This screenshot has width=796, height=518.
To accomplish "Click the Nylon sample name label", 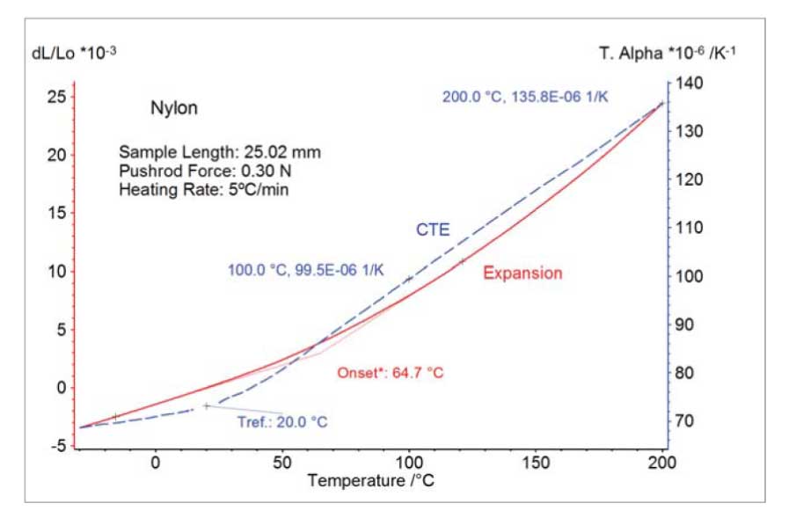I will click(x=174, y=109).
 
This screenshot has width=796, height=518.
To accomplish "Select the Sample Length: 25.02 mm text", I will click(x=219, y=152).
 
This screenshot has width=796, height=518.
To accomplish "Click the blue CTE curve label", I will click(x=433, y=230).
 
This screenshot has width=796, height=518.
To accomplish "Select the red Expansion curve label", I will click(x=522, y=274).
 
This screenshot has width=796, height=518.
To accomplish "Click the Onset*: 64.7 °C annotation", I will click(x=390, y=373).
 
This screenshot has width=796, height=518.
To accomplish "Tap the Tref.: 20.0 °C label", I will click(x=281, y=423).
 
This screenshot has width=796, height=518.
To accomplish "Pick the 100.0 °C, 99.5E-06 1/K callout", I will click(x=305, y=270).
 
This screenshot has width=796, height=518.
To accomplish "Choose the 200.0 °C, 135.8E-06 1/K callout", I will click(x=524, y=97).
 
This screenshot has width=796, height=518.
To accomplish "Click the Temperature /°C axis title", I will click(x=370, y=482).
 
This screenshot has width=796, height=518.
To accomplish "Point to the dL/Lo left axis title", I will click(x=74, y=54).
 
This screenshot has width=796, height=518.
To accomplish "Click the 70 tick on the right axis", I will click(x=683, y=421).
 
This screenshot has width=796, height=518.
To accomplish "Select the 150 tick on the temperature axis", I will click(x=537, y=463).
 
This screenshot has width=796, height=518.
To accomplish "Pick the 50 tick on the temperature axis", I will click(x=282, y=463).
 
